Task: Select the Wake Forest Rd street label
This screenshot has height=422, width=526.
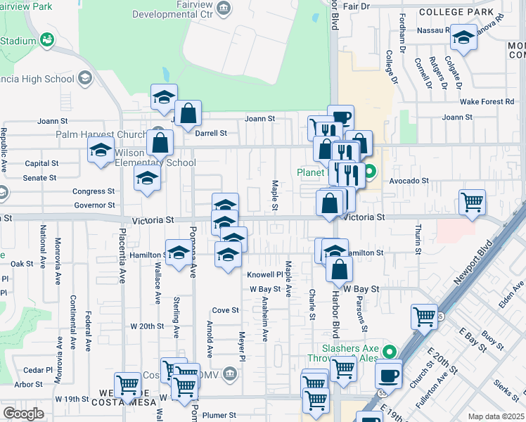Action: [x=487, y=101]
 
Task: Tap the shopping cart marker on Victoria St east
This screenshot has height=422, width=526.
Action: [x=472, y=202]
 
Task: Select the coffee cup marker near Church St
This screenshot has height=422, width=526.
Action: [x=388, y=374]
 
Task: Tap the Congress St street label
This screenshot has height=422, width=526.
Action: [x=94, y=191]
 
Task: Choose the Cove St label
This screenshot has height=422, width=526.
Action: [x=226, y=309]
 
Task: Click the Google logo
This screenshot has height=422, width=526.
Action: [x=23, y=414]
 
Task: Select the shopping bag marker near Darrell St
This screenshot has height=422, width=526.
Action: [x=188, y=114]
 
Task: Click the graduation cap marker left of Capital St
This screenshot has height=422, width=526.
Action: [x=101, y=151]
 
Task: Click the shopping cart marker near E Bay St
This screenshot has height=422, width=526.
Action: [x=425, y=316]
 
